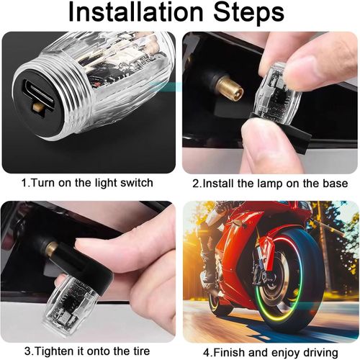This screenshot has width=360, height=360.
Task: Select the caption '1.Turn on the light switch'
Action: click(87, 183)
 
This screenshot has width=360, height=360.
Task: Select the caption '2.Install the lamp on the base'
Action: click(271, 183)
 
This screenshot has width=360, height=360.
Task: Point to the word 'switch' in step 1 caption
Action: click(136, 183)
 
